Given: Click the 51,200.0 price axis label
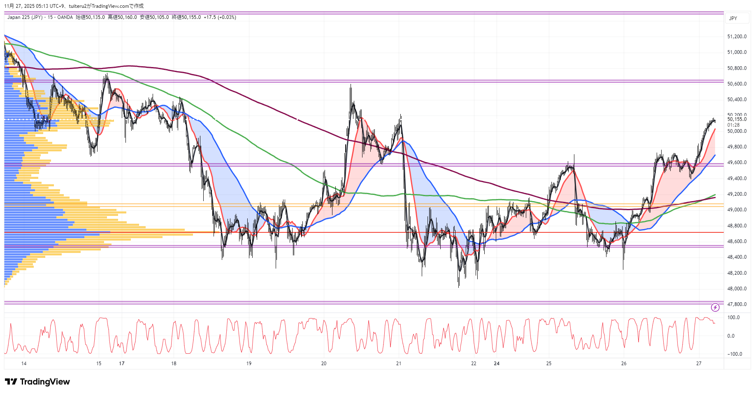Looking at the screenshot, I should pos(736,37).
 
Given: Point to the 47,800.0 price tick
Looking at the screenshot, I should pos(736,304).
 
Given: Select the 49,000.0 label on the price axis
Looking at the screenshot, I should pos(736,210).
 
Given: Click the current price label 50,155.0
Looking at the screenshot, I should pos(736,119).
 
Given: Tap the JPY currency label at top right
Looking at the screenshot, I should pos(733,19).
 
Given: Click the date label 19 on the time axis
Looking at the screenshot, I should pos(249,364).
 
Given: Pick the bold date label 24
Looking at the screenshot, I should pos(497,364).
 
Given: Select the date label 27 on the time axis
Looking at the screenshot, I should pos(699,364).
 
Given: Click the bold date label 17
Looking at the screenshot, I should pos(121,364).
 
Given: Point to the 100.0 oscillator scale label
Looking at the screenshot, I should pos(733,318).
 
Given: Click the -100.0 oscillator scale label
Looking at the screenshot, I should pos(734,354).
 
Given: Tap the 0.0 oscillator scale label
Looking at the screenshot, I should pos(731,336).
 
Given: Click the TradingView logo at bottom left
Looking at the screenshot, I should pos(37,382).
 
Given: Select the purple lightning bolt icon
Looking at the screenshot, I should pos(715,307).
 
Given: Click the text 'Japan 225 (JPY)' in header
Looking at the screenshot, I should pos(25,17).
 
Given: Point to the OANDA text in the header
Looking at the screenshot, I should pos(65,17).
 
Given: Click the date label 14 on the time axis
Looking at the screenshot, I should pos(24,364).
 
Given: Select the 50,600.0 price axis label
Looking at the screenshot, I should pos(736,84).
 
